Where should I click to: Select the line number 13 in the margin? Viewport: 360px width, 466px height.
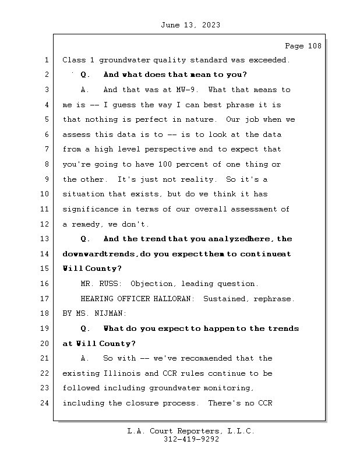pos(47,239)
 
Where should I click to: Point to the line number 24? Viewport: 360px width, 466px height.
pos(47,403)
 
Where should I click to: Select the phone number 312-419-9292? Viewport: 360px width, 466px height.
pos(191,440)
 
